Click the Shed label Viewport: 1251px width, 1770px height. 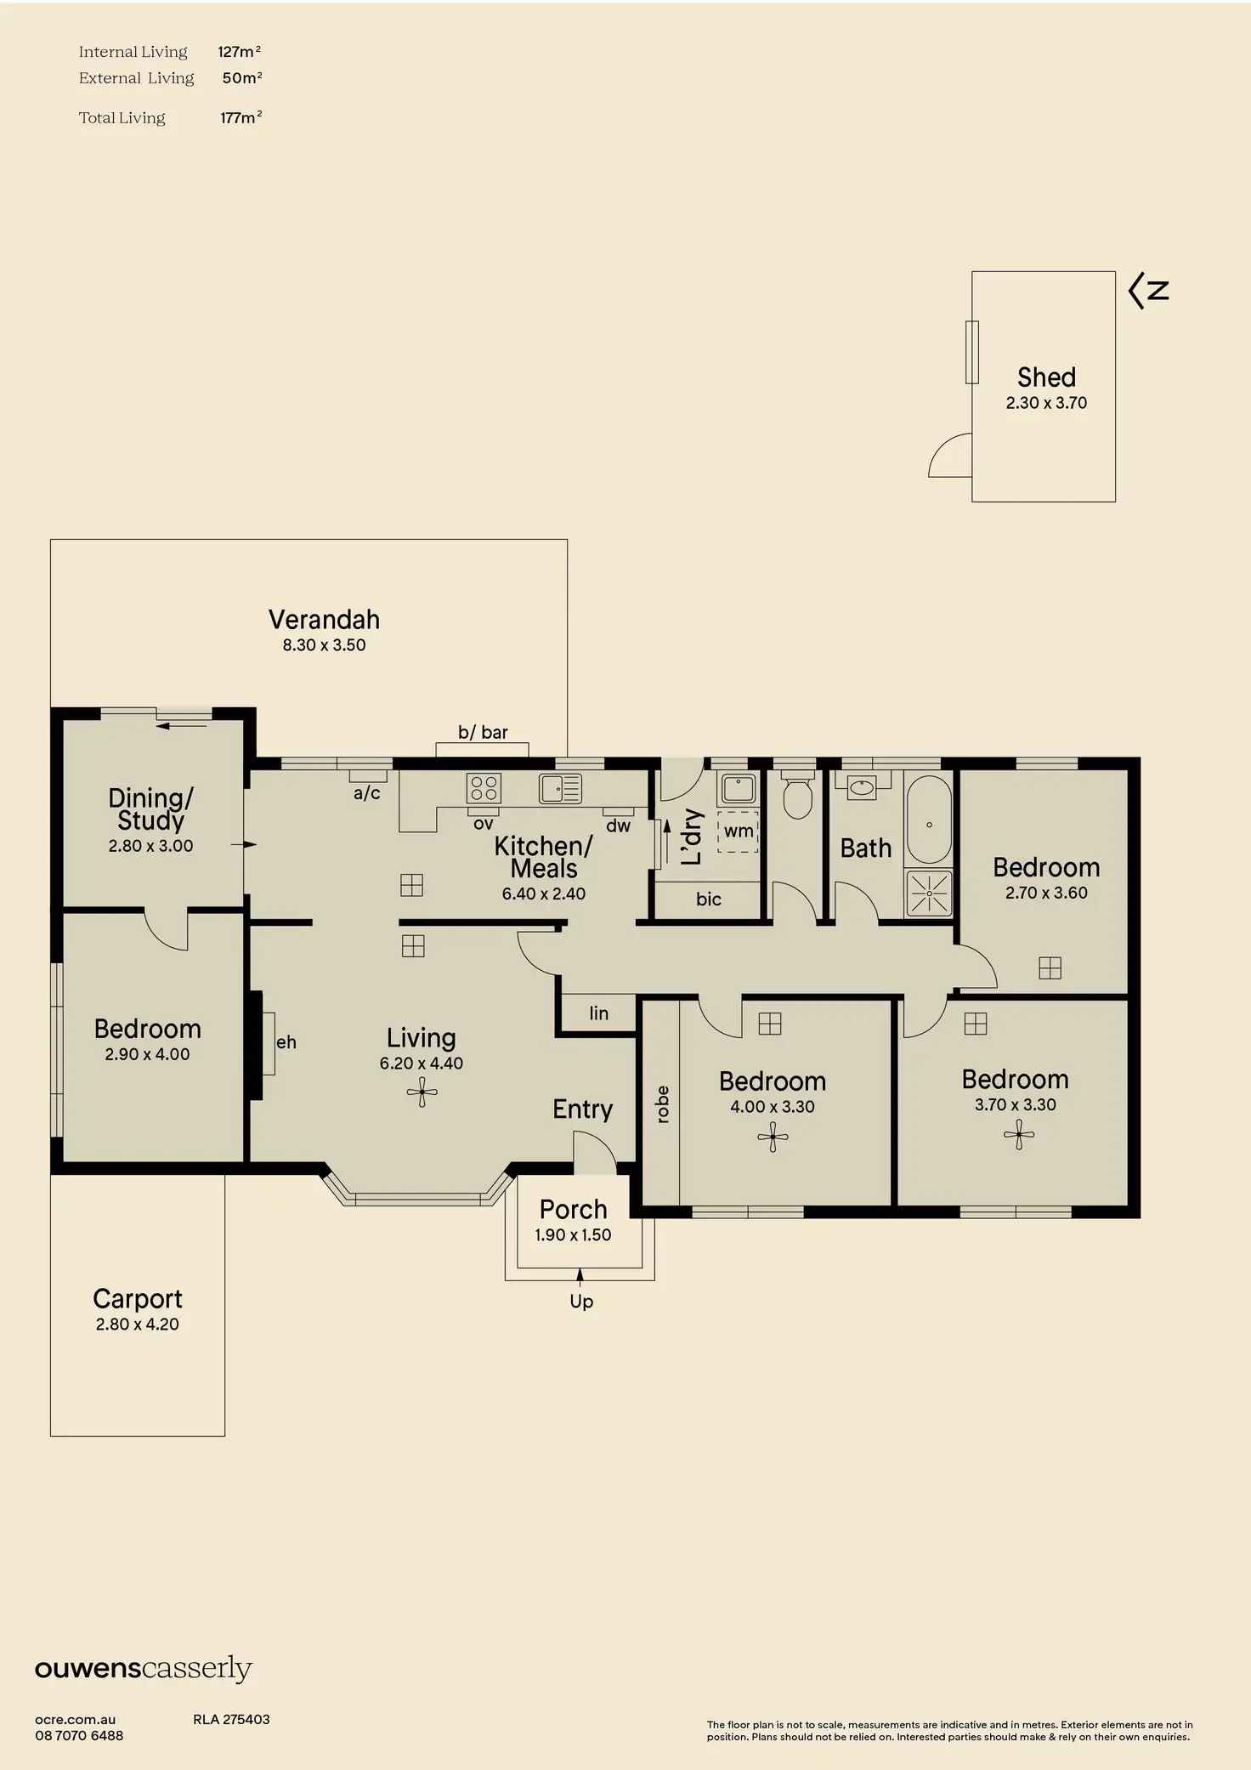point(1046,377)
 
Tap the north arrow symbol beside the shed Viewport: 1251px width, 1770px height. point(1148,291)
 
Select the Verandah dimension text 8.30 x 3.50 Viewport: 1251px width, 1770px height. point(324,645)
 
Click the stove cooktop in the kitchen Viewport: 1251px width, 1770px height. point(484,788)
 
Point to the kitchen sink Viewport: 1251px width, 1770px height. point(560,788)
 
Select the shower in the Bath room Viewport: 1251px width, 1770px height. point(929,894)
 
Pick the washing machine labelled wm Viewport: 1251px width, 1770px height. point(738,831)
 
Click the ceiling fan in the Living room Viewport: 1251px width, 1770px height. point(422,1092)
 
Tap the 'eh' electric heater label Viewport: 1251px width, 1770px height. point(286,1042)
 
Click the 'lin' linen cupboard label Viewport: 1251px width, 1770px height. point(598,1013)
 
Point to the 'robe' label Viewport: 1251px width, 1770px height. point(663,1104)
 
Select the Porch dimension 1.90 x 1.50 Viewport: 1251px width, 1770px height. point(573,1235)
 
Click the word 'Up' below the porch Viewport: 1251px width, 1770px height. point(581,1302)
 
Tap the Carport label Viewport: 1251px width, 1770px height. point(138,1299)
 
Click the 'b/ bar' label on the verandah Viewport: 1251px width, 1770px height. point(483,732)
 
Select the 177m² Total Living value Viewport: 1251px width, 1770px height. point(241,118)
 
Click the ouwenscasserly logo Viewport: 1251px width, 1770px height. point(144,1669)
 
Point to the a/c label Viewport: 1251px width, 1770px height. point(367,794)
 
